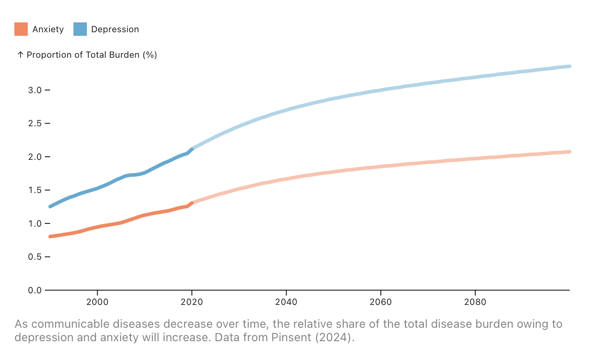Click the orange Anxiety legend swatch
coord(21,29)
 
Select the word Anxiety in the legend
coord(48,30)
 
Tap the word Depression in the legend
coord(115,30)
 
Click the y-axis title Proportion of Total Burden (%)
coord(91,55)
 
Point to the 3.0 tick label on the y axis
coord(35,90)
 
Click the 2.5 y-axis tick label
coord(35,124)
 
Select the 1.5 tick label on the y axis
coord(35,190)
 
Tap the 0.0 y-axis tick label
coord(35,290)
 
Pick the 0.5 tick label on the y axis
coord(35,257)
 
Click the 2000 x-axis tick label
coord(97,302)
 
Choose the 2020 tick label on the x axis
coord(192,302)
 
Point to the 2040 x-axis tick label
coord(286,302)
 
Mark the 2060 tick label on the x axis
coord(381,302)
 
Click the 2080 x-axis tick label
coord(475,302)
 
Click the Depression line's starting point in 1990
coord(50,206)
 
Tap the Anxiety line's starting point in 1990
coord(50,236)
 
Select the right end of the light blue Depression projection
coord(569,66)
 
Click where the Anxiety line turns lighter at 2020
coord(192,203)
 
